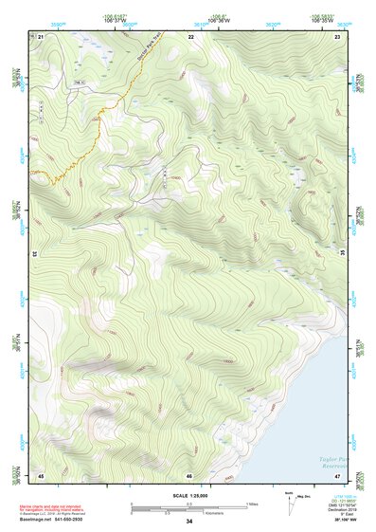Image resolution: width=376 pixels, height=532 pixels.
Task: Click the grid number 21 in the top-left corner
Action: point(42,36)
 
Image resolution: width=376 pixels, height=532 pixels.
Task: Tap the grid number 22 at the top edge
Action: point(190,36)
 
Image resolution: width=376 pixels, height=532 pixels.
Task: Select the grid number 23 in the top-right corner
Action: point(338,36)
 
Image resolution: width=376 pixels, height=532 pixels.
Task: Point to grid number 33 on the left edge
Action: point(34,254)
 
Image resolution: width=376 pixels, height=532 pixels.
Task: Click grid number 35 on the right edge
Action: point(342,254)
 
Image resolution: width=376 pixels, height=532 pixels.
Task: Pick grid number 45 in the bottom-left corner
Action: point(42,474)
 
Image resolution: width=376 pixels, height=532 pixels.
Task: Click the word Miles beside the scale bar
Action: point(253,503)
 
